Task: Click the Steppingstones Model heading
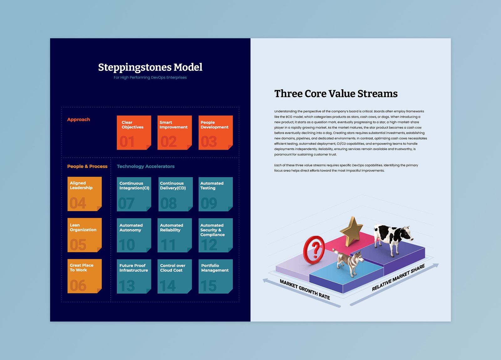click(150, 67)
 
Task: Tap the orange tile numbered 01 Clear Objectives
click(134, 132)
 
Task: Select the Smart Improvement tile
click(174, 132)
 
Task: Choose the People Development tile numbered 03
click(215, 132)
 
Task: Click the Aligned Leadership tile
click(85, 194)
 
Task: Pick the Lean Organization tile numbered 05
click(85, 235)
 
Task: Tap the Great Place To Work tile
click(85, 276)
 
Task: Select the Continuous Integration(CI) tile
click(134, 194)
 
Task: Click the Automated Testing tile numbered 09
click(215, 194)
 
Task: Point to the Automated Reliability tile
click(175, 235)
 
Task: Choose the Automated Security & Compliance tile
click(215, 235)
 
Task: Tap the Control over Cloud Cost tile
click(175, 276)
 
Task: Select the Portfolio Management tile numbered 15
click(215, 276)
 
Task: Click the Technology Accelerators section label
click(146, 166)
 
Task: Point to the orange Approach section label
click(79, 120)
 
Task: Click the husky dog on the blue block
click(349, 262)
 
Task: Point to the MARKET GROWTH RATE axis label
click(305, 290)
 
